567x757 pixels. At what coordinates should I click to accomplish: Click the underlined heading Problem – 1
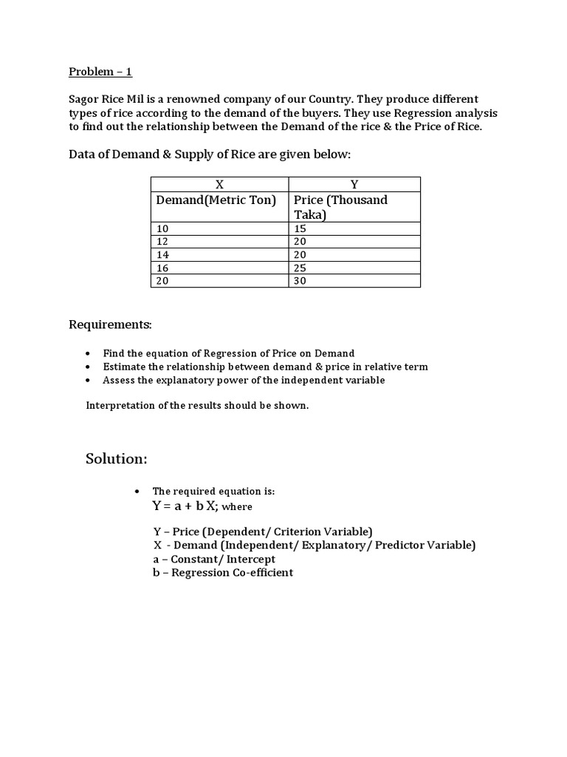pyautogui.click(x=100, y=72)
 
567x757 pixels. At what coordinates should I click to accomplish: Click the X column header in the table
pyautogui.click(x=219, y=185)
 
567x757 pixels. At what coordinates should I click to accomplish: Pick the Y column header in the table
pyautogui.click(x=354, y=185)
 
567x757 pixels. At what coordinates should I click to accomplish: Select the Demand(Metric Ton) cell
pyautogui.click(x=216, y=200)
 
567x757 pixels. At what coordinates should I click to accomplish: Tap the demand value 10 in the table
pyautogui.click(x=162, y=229)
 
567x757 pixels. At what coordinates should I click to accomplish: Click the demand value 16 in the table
pyautogui.click(x=162, y=268)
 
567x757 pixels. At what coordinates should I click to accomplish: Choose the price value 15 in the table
pyautogui.click(x=300, y=229)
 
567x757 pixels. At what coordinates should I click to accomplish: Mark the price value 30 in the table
pyautogui.click(x=300, y=281)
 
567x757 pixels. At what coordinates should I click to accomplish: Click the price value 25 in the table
pyautogui.click(x=300, y=268)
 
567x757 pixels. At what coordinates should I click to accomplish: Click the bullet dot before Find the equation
pyautogui.click(x=89, y=353)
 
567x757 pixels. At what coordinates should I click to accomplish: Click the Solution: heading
pyautogui.click(x=117, y=459)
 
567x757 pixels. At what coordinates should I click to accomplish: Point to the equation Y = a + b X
pyautogui.click(x=185, y=506)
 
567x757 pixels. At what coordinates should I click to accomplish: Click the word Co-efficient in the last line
pyautogui.click(x=264, y=572)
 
